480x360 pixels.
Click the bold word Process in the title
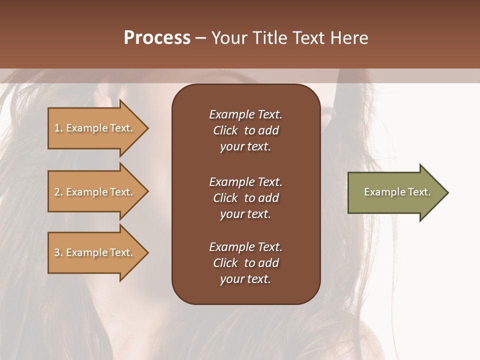[157, 38]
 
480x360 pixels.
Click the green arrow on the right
[395, 192]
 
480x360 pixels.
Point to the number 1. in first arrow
[58, 128]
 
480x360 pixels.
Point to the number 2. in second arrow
[58, 192]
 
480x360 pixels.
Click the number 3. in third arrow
[58, 252]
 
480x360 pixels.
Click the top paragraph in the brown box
[245, 130]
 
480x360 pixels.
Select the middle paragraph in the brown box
[245, 198]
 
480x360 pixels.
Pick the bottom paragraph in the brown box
[245, 263]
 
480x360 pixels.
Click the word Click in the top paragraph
[225, 130]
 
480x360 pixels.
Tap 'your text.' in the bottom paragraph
[245, 279]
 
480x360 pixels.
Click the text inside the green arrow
[397, 192]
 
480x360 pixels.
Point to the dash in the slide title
[200, 38]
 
